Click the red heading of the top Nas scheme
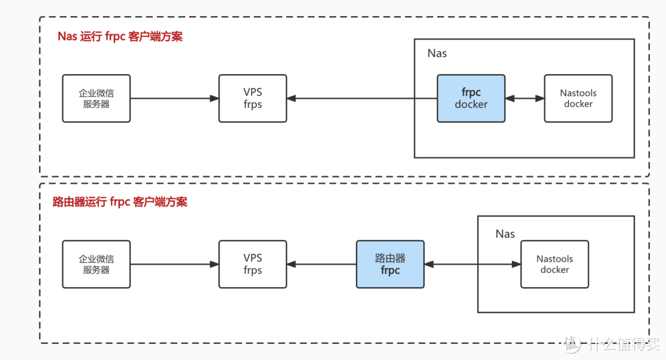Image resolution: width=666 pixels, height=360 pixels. (x=120, y=36)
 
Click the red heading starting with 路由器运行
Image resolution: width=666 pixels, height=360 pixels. (x=120, y=202)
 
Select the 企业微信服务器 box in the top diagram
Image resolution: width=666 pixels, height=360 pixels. (x=96, y=99)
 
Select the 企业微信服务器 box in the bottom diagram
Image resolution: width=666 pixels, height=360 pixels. (x=96, y=264)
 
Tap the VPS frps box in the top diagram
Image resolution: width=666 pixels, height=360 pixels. (x=253, y=99)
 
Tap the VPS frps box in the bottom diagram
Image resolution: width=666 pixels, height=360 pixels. (x=253, y=264)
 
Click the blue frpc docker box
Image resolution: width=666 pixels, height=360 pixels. (x=471, y=99)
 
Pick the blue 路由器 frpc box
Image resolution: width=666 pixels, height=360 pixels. (x=390, y=264)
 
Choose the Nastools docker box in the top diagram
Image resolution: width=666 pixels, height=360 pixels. (x=578, y=99)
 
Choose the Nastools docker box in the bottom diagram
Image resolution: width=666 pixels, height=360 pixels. (x=555, y=264)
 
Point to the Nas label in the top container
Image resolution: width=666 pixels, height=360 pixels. (x=437, y=54)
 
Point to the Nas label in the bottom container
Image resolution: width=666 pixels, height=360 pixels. (x=505, y=234)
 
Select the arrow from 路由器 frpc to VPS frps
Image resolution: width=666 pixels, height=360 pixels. (x=321, y=264)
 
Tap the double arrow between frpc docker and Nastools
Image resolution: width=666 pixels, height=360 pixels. (x=525, y=98)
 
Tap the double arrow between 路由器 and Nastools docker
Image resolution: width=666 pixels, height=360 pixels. (x=472, y=264)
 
